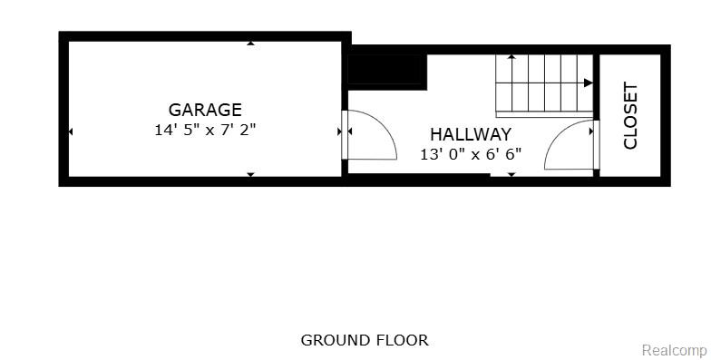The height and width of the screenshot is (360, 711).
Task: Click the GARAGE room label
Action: [205, 110]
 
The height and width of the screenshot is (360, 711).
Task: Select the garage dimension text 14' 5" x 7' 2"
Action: [205, 131]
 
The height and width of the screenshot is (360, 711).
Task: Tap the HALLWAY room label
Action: [471, 134]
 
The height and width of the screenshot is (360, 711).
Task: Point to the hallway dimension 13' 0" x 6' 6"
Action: [471, 154]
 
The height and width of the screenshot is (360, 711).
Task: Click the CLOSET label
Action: [630, 115]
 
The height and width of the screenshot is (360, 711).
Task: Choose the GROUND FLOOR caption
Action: [365, 340]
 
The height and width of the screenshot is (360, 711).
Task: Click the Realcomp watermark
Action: [675, 350]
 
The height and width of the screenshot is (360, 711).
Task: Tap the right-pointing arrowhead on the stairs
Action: [588, 83]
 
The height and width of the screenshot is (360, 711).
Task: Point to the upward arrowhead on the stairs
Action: [511, 56]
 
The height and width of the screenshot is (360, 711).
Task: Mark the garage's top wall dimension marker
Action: [250, 44]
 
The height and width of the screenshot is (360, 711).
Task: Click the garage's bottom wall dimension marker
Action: [250, 174]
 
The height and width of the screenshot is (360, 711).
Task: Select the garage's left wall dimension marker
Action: [71, 131]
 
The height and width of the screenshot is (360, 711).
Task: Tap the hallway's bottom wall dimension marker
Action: [511, 174]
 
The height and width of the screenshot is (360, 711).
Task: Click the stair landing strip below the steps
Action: [544, 114]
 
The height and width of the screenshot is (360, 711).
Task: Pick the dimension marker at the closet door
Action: [591, 131]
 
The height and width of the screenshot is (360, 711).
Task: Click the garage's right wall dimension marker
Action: [339, 131]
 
